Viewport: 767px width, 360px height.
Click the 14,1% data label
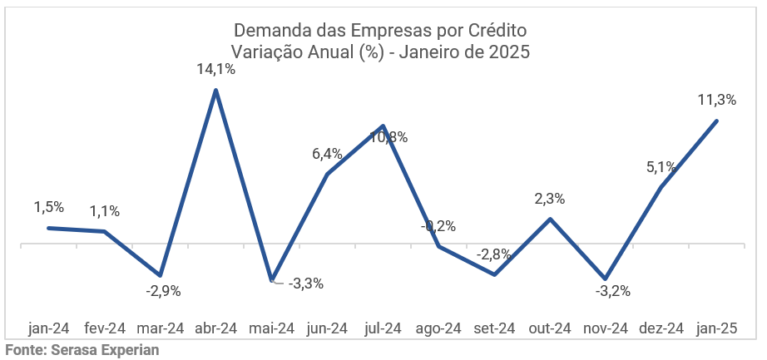(x=216, y=70)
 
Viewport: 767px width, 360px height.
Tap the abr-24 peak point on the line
(x=216, y=90)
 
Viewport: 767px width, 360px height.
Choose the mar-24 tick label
(x=160, y=328)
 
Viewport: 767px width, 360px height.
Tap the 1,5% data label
(x=49, y=207)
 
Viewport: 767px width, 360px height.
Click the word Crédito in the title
(x=497, y=31)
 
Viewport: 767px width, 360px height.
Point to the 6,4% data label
(x=327, y=154)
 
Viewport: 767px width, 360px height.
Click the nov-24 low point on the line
(x=606, y=279)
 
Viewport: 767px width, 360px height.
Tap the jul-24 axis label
(x=383, y=328)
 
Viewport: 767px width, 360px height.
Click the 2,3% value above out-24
(x=550, y=199)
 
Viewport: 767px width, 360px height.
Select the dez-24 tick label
(x=661, y=328)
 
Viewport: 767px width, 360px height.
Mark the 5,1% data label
(x=661, y=167)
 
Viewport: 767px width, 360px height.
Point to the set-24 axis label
(x=494, y=328)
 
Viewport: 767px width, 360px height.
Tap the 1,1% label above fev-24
(x=105, y=211)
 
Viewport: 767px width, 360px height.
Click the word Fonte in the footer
(x=24, y=350)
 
